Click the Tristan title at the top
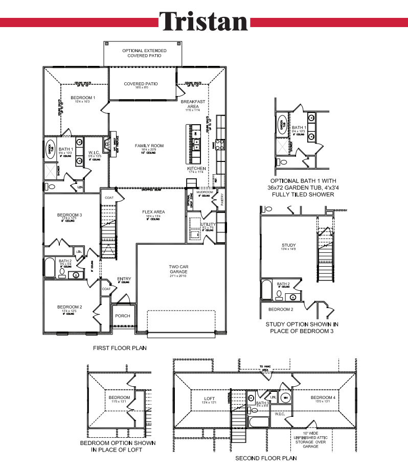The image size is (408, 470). pos(203,21)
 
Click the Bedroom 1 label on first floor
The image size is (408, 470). pos(82,97)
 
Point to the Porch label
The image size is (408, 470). pos(122,316)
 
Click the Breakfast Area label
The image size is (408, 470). pos(193,104)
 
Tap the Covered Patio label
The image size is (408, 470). pos(141,84)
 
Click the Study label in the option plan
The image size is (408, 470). pos(289,245)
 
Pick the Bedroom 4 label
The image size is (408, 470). pos(323,398)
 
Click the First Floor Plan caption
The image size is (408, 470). pos(120,348)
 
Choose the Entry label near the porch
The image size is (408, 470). pos(124,278)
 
